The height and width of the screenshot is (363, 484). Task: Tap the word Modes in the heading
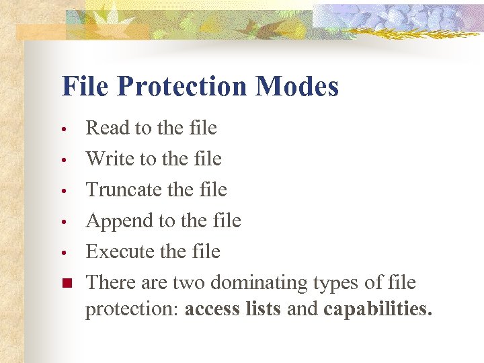tap(296, 87)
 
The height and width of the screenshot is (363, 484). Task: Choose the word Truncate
tap(124, 190)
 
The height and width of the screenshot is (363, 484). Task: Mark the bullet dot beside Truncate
tap(62, 191)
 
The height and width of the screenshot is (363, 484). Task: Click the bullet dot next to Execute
tap(62, 253)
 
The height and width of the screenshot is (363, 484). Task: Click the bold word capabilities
tap(378, 310)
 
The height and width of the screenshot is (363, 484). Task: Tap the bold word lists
tap(264, 310)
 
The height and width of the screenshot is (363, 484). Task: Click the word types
tap(336, 283)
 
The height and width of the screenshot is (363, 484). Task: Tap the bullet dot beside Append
tap(62, 222)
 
